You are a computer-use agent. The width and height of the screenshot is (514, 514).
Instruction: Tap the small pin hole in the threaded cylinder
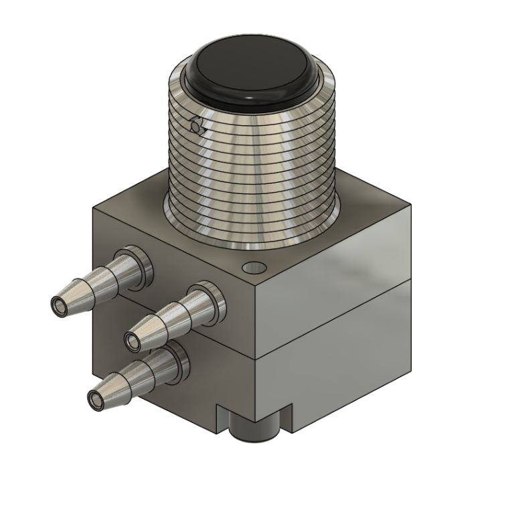pos(195,125)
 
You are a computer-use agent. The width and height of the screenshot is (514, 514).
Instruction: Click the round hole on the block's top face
pos(254,267)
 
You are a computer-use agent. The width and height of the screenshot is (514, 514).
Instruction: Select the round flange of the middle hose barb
pos(207,306)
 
